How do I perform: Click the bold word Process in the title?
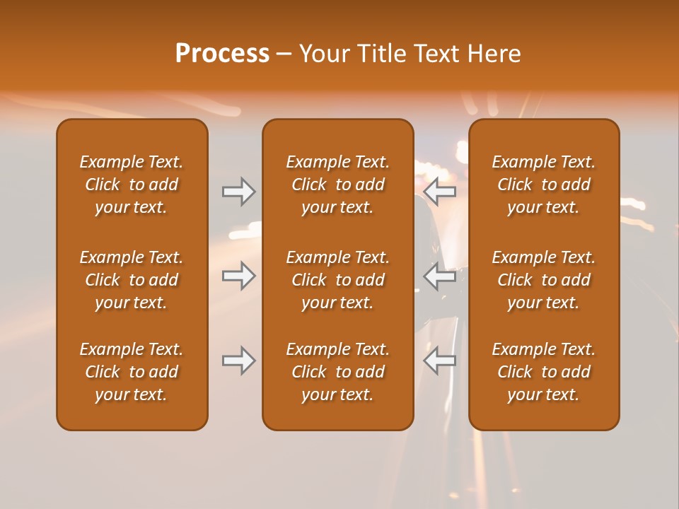click(x=222, y=54)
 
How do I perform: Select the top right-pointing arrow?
click(x=239, y=192)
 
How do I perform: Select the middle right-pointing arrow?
click(x=239, y=275)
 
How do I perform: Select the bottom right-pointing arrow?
click(x=239, y=361)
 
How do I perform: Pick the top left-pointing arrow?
click(x=440, y=192)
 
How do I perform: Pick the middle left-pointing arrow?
click(x=440, y=275)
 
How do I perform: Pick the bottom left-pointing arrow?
click(x=440, y=361)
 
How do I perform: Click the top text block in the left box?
click(x=132, y=185)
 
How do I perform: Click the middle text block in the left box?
click(x=132, y=280)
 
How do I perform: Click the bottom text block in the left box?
click(x=132, y=372)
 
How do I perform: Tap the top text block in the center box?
click(x=337, y=185)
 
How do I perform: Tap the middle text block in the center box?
click(x=337, y=280)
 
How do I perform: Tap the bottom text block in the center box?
click(x=337, y=372)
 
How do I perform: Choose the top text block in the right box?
click(x=543, y=185)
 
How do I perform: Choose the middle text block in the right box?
click(x=543, y=280)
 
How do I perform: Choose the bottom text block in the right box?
click(x=543, y=372)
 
